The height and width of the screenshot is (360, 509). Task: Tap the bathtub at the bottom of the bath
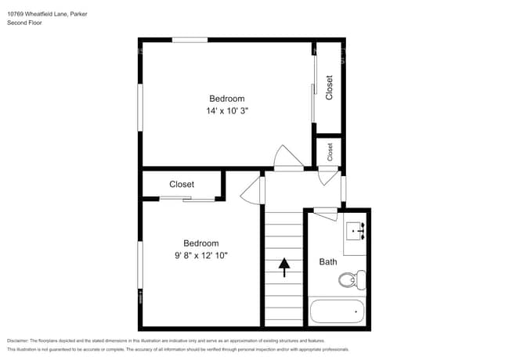click(337, 311)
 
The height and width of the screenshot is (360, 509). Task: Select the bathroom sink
click(356, 231)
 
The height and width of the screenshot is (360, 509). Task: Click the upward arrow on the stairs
click(282, 268)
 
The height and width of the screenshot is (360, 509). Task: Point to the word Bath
click(327, 262)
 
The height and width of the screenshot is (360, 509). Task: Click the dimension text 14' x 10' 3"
click(226, 111)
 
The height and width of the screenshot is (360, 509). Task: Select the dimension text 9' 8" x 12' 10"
click(201, 255)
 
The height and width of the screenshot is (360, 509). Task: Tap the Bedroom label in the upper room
click(226, 99)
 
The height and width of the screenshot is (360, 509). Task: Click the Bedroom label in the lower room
click(201, 243)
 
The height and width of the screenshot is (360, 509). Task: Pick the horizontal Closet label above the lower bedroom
click(182, 185)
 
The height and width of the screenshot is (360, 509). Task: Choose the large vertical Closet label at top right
click(330, 87)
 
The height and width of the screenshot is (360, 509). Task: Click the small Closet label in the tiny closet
click(330, 152)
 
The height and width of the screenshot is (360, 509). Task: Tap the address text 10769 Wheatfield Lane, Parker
click(47, 13)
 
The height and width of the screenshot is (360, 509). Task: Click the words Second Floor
click(24, 23)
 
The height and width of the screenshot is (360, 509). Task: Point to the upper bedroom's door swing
click(285, 157)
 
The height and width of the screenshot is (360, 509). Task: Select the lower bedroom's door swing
click(251, 190)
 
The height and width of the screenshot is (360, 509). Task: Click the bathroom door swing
click(324, 210)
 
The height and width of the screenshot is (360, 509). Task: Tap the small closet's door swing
click(327, 176)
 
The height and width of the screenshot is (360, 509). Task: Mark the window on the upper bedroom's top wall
click(190, 40)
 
